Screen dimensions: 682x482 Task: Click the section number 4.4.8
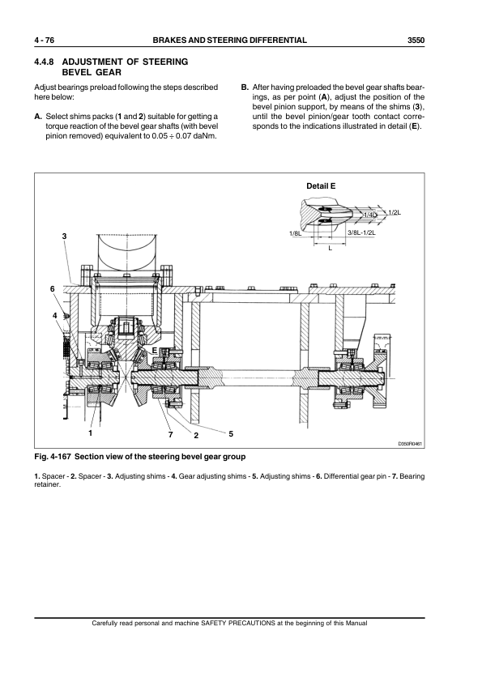pos(45,62)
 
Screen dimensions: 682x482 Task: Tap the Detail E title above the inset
pos(321,186)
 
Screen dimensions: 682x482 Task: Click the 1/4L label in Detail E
pos(369,214)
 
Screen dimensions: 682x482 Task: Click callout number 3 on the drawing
pos(64,236)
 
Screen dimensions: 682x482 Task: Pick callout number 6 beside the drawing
pos(53,288)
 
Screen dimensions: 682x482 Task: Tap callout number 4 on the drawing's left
pos(54,314)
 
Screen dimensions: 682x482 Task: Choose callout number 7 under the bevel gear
pos(171,436)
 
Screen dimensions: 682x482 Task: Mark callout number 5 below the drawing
pos(231,433)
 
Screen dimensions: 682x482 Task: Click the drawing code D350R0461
pos(412,444)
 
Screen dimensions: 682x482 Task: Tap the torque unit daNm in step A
pos(207,139)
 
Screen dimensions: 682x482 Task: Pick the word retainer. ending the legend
pos(49,484)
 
